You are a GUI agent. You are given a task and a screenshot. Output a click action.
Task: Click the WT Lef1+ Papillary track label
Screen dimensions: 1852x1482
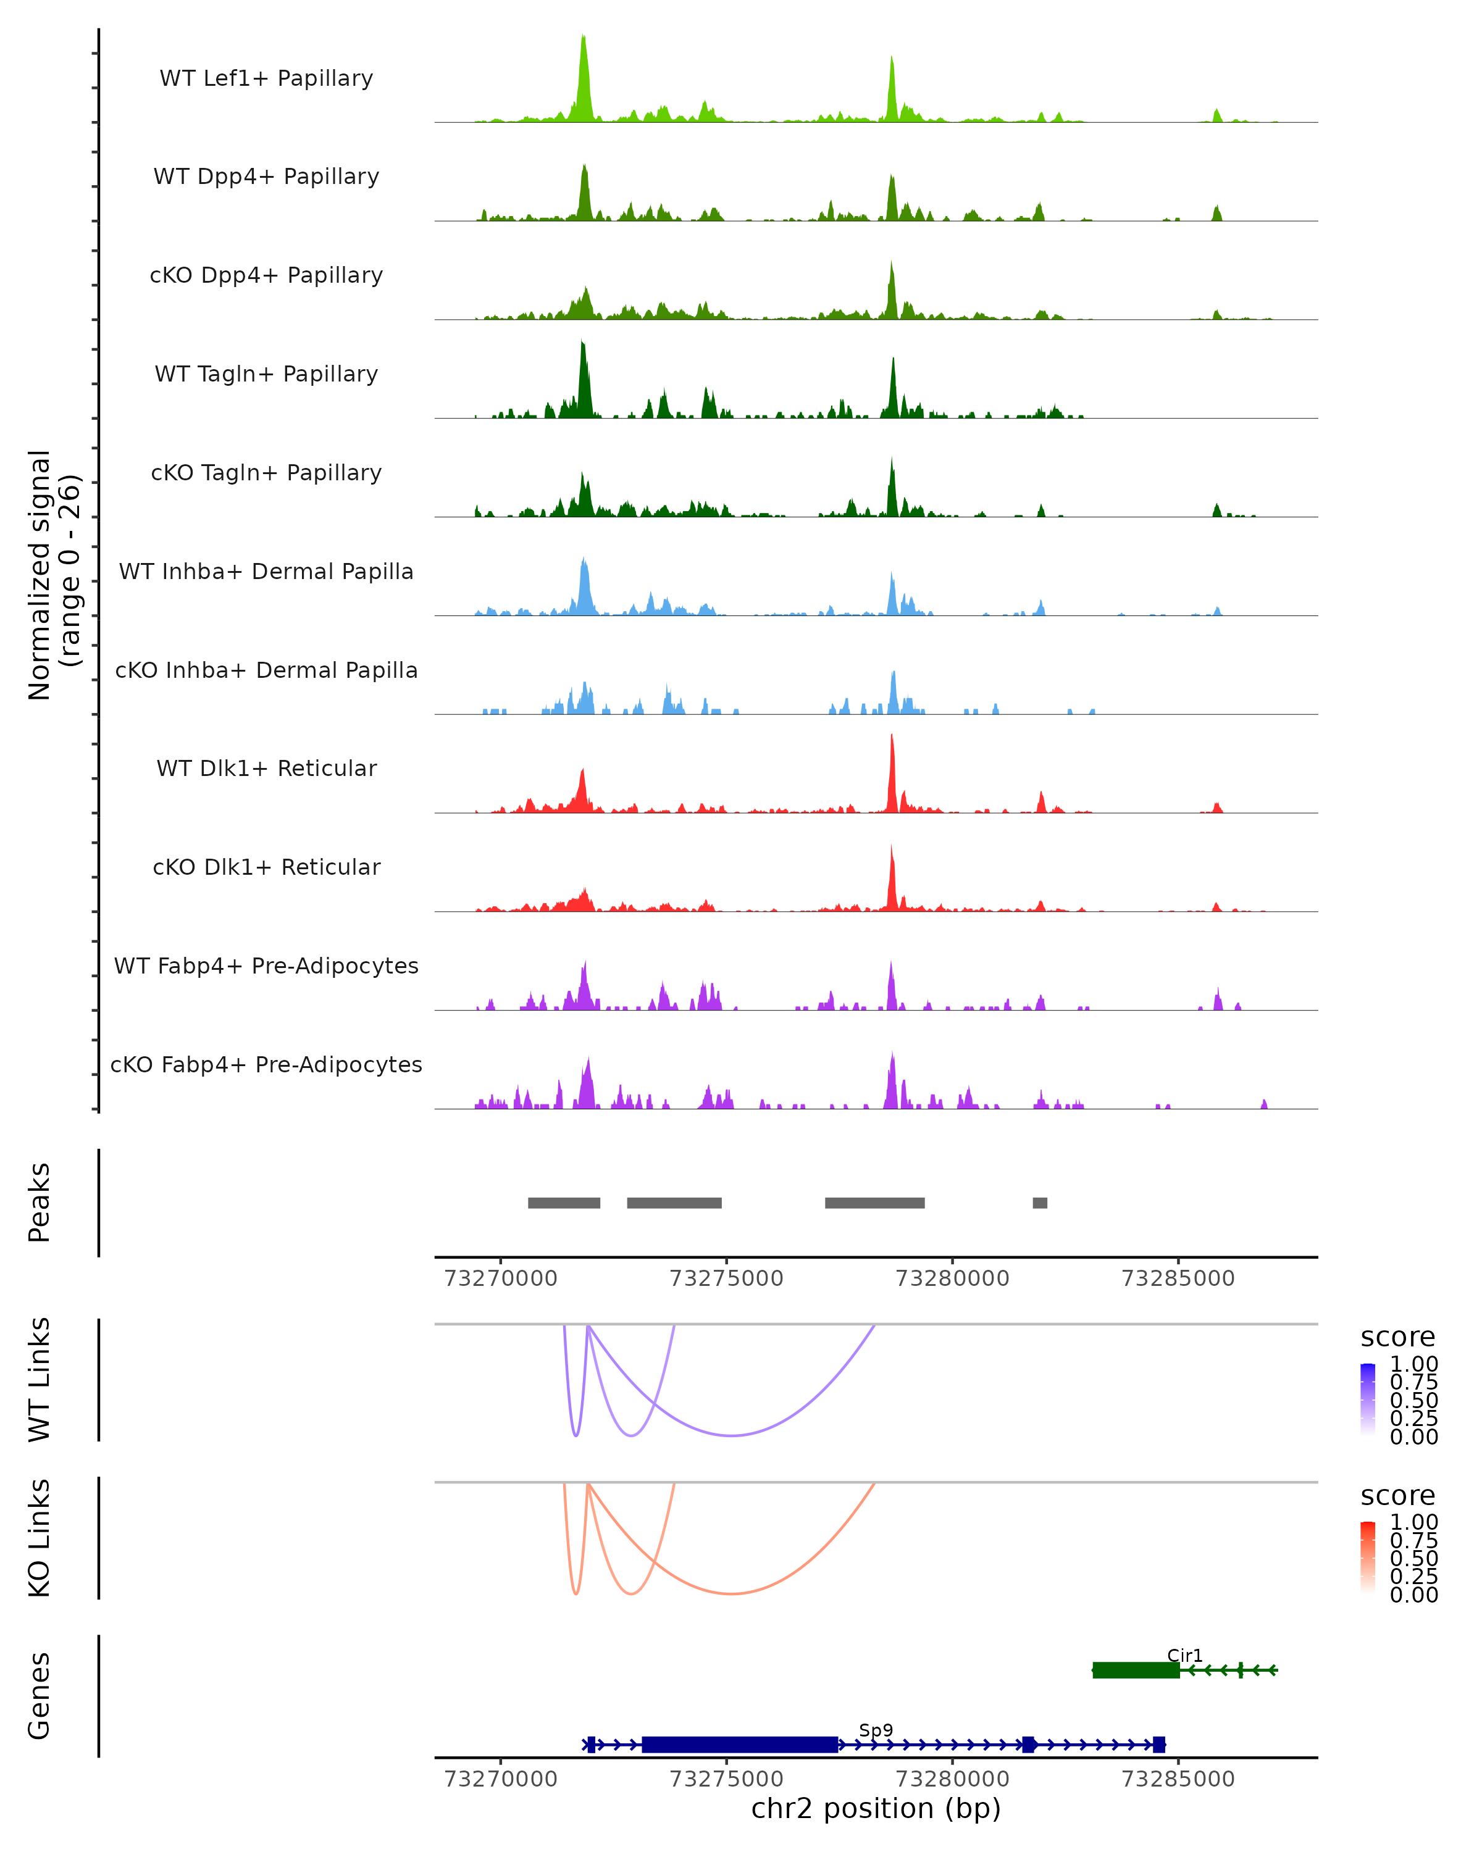[266, 78]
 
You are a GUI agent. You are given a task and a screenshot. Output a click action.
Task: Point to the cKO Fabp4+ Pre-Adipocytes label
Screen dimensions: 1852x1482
[266, 1064]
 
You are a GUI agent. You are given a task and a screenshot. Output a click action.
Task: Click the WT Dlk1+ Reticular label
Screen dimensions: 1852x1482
[266, 769]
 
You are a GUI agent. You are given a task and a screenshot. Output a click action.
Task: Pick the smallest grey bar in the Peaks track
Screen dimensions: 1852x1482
[1039, 1203]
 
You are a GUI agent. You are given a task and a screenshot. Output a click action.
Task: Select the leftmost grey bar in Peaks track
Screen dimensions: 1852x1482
[564, 1203]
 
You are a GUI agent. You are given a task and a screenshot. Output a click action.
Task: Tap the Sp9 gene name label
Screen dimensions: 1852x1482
[876, 1730]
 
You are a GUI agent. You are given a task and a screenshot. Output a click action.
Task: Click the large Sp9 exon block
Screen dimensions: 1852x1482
[740, 1745]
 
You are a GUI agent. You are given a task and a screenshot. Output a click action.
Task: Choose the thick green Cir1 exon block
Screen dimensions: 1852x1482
[1136, 1670]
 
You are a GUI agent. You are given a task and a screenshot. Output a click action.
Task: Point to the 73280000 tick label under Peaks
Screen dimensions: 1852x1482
[952, 1279]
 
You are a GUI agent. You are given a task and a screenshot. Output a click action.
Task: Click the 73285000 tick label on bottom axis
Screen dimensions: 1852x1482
[1178, 1779]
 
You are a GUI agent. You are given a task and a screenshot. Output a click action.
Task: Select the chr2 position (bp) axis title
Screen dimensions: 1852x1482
[876, 1809]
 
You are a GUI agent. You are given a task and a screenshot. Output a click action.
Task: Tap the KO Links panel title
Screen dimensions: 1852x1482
[40, 1538]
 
